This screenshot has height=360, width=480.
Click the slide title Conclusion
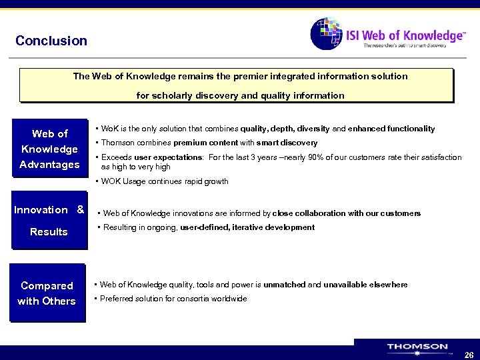click(51, 41)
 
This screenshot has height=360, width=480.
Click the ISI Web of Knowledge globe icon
click(326, 33)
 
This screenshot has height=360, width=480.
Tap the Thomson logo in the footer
click(417, 347)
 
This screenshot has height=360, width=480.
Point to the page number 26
click(469, 355)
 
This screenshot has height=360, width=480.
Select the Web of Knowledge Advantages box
click(50, 149)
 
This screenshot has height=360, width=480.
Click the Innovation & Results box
click(49, 221)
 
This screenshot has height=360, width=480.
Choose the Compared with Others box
click(47, 293)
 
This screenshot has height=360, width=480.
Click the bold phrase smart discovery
click(289, 143)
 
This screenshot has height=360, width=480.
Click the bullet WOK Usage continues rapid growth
click(164, 181)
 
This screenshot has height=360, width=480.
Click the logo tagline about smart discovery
click(413, 45)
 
